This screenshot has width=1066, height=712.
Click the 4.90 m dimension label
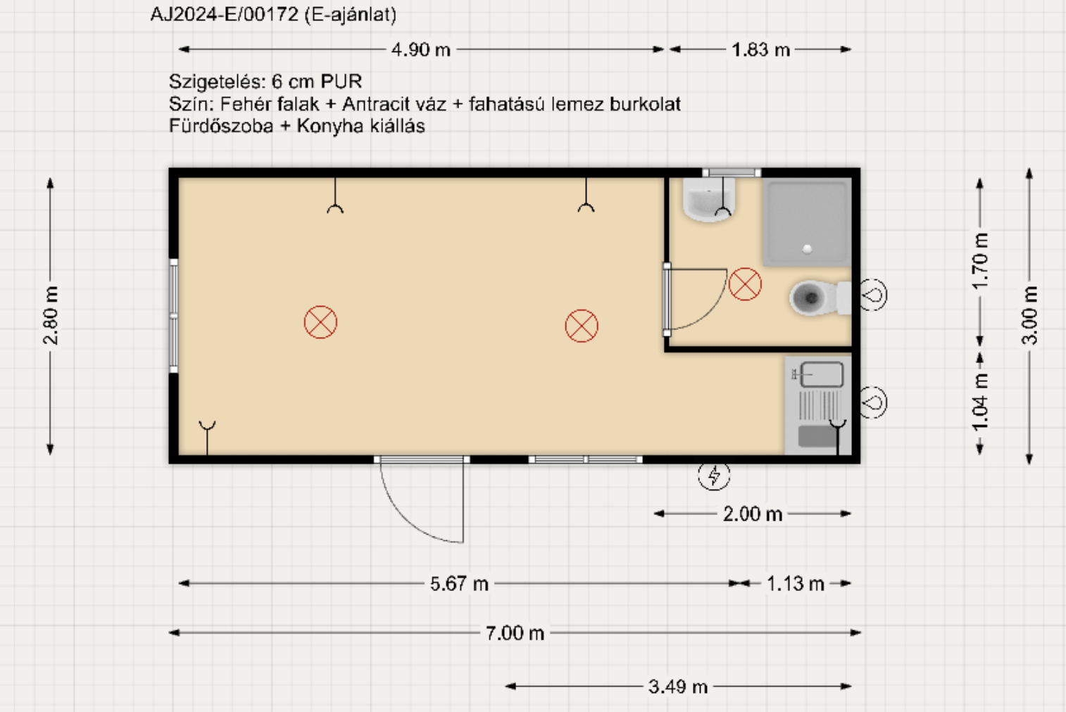(x=420, y=49)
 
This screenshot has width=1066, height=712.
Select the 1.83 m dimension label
(x=760, y=49)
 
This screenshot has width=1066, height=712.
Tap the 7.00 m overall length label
(x=515, y=633)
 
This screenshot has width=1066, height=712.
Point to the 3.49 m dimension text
(x=677, y=686)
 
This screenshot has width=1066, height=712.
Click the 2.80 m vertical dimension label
(x=51, y=315)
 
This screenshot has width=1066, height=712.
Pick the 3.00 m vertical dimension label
(x=1030, y=315)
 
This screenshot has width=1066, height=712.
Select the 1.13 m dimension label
(x=795, y=583)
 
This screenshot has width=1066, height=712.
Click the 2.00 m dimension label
(x=753, y=514)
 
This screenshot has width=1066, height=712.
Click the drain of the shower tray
(x=807, y=249)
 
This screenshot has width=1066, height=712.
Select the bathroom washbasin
(x=709, y=200)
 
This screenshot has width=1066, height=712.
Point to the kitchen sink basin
(x=822, y=374)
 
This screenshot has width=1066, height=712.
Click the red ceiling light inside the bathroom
(x=745, y=284)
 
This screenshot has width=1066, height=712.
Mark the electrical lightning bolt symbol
(x=714, y=475)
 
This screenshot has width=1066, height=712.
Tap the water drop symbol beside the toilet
(x=873, y=295)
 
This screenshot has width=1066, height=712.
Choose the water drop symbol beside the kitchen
(x=873, y=402)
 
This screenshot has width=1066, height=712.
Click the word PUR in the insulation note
(x=341, y=82)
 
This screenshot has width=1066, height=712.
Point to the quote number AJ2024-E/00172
(x=224, y=14)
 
